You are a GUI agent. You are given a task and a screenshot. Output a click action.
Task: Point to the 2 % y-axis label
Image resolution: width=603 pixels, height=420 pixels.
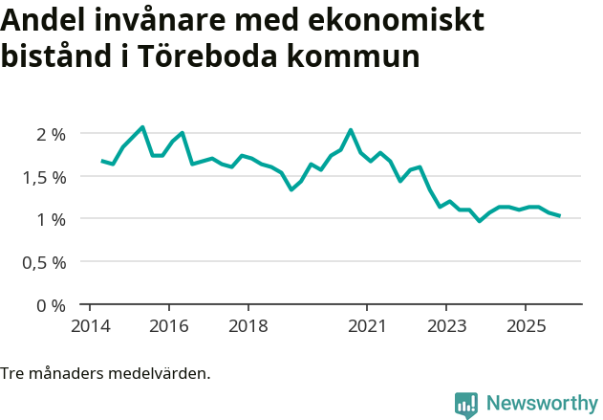click(x=51, y=134)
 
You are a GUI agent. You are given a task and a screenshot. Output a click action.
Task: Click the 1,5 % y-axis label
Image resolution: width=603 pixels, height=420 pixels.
click(x=44, y=177)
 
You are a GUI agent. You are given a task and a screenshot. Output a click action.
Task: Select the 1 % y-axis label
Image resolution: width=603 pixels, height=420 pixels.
click(x=51, y=219)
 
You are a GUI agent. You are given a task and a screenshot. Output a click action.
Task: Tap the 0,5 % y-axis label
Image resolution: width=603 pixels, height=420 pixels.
click(x=44, y=262)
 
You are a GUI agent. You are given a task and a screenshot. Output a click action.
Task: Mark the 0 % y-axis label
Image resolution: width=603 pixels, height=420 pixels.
click(x=51, y=305)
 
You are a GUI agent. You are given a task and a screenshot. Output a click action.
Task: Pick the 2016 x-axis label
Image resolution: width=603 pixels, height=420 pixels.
click(x=168, y=327)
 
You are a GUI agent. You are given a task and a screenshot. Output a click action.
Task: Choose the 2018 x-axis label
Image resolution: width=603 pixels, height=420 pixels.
click(x=248, y=327)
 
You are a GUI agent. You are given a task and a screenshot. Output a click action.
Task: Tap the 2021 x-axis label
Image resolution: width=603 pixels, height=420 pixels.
click(x=367, y=327)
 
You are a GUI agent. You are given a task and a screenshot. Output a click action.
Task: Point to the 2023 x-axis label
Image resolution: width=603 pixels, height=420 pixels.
click(x=446, y=327)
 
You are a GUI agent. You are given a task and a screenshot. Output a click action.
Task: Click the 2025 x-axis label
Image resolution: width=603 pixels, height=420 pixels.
click(x=526, y=327)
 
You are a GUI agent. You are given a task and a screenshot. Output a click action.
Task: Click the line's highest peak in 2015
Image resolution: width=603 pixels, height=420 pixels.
click(x=142, y=127)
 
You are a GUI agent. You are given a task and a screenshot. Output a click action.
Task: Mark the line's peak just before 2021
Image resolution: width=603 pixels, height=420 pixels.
click(x=351, y=130)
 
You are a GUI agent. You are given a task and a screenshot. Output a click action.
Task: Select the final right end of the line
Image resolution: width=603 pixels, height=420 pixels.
click(x=559, y=215)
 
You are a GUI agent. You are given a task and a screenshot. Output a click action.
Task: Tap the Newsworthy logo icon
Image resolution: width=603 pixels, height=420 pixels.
click(x=466, y=405)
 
